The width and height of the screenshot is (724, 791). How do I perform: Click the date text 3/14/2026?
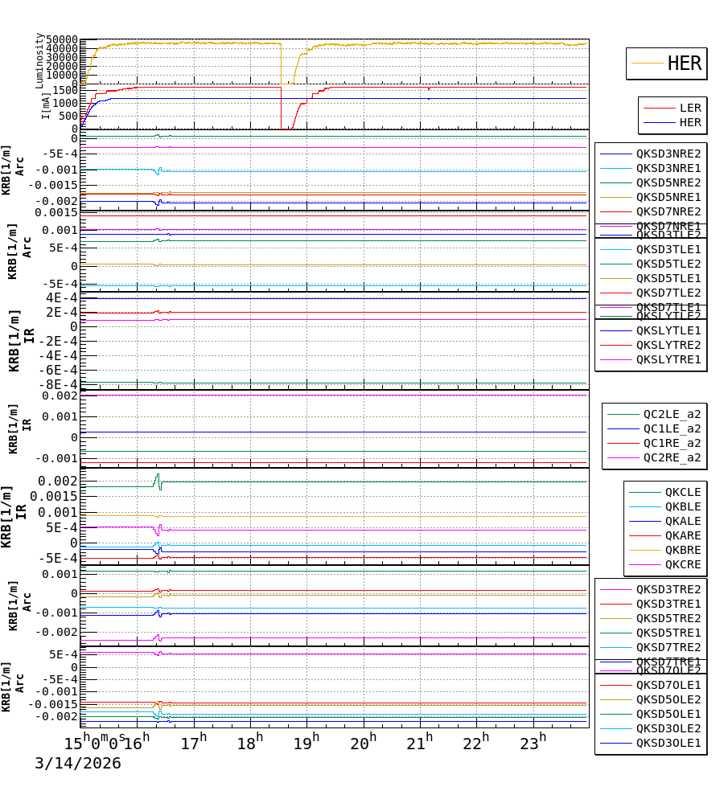(x=78, y=763)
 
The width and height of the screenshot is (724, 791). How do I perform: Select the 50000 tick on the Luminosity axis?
(x=62, y=39)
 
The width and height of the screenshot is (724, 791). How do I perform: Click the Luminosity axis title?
(x=39, y=60)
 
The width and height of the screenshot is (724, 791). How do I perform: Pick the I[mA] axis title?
(x=46, y=105)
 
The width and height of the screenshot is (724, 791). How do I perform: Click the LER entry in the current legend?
(x=690, y=108)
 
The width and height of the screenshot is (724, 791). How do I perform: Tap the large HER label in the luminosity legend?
(x=685, y=64)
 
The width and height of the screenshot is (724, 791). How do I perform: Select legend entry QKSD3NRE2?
(x=668, y=154)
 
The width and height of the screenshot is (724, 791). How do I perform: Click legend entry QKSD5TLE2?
(x=668, y=264)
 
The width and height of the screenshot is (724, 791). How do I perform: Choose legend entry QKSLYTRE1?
(x=668, y=359)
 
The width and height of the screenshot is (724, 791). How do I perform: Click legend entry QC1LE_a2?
(x=672, y=428)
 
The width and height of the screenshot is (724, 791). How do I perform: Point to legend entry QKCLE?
(x=683, y=492)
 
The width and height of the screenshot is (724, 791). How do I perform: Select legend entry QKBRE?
(x=683, y=550)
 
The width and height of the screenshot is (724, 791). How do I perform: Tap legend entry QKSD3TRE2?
(x=668, y=589)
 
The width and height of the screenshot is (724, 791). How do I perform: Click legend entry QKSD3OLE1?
(x=668, y=743)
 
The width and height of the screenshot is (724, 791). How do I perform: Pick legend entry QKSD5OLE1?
(x=668, y=714)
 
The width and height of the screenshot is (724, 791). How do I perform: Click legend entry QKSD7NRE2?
(x=668, y=211)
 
